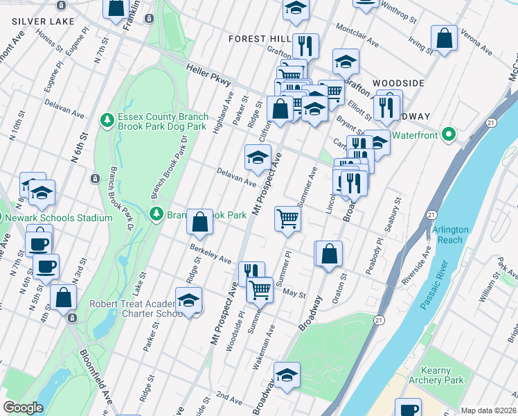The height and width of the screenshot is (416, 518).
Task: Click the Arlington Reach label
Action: (x=451, y=234)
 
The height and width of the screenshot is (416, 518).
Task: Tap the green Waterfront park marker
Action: (x=448, y=135)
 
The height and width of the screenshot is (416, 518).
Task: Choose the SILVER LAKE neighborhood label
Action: (x=43, y=21)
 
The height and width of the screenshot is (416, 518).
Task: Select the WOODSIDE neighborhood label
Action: (x=398, y=83)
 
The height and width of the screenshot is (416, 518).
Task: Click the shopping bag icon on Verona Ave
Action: (x=444, y=39)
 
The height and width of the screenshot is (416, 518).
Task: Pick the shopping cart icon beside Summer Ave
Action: (x=287, y=219)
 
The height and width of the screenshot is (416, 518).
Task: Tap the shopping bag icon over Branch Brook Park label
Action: (x=199, y=223)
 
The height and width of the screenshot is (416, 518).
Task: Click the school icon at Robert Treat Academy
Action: (x=188, y=300)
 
